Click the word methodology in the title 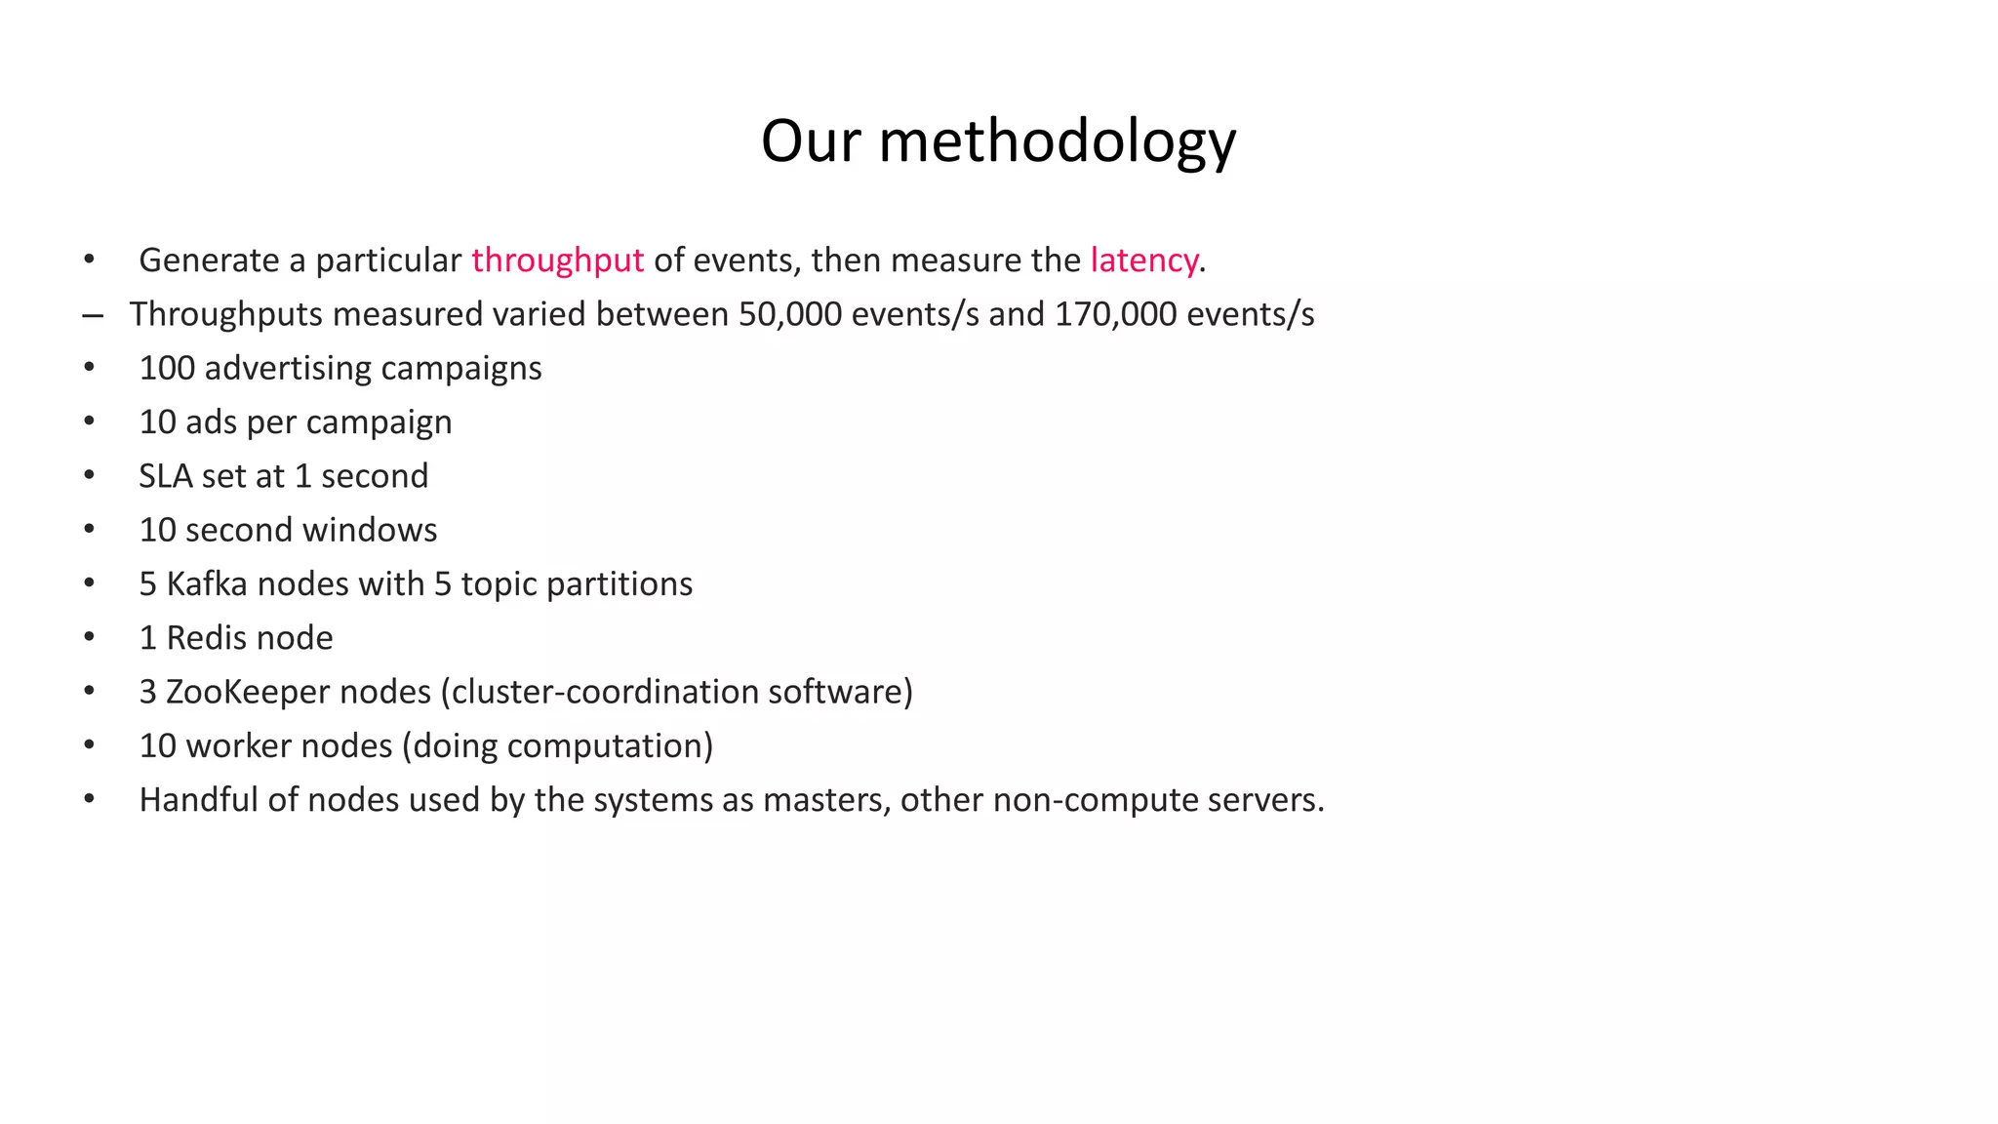pos(1058,141)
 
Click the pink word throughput pos(557,261)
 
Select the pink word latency pos(1143,261)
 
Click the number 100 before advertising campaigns pos(167,368)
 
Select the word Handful pos(199,800)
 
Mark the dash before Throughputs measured pos(93,315)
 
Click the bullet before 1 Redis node pos(90,637)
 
